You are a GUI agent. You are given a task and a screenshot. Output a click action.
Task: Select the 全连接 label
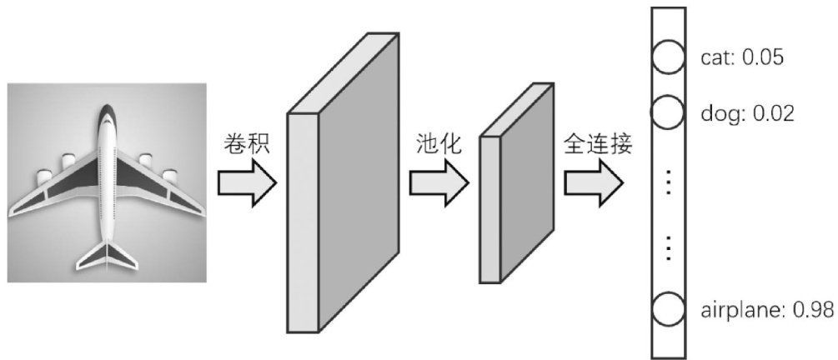tap(598, 144)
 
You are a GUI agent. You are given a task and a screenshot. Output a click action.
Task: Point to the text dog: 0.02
tap(746, 112)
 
